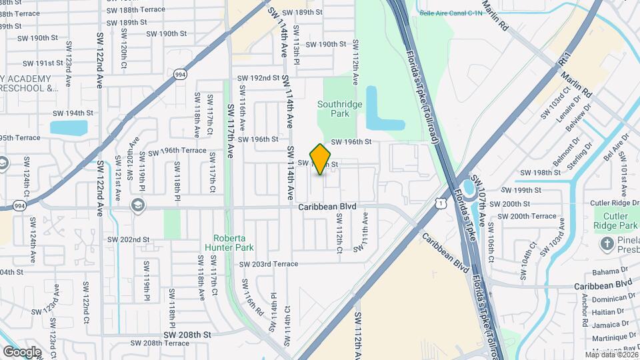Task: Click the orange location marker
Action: tap(321, 159)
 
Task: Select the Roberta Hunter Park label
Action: tap(234, 243)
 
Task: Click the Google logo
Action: tap(22, 351)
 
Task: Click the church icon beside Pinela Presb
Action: tap(606, 243)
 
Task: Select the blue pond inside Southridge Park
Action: tap(380, 110)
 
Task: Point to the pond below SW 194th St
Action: tap(69, 127)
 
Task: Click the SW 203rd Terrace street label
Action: tap(269, 264)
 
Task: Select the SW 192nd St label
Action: tap(259, 78)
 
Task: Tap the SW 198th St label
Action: tap(541, 173)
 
